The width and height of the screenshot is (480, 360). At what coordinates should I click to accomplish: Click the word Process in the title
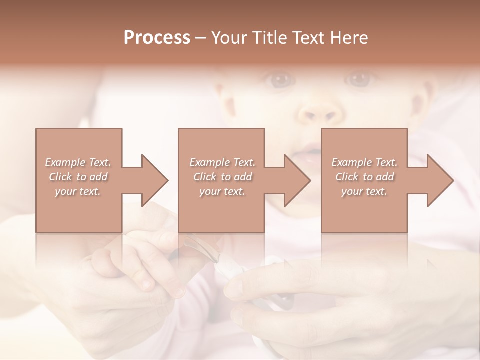(x=157, y=38)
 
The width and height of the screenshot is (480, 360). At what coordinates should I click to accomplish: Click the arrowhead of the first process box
(x=154, y=180)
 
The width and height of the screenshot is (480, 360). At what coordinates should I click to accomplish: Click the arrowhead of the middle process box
(x=297, y=180)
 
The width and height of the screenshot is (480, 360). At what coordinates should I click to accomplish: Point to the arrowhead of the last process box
(x=440, y=180)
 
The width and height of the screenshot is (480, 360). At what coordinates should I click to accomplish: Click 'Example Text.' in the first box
(x=78, y=162)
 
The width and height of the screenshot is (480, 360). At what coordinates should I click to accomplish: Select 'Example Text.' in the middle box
(x=222, y=162)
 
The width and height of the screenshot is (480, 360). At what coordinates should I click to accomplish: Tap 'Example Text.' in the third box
(x=364, y=162)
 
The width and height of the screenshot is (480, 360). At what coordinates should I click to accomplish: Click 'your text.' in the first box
(x=78, y=192)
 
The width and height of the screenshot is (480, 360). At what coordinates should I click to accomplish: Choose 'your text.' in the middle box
(x=222, y=192)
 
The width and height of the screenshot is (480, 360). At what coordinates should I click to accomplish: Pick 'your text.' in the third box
(x=364, y=192)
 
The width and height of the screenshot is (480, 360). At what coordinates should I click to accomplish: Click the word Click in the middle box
(x=205, y=177)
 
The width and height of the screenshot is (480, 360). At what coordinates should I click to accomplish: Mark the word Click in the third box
(x=347, y=177)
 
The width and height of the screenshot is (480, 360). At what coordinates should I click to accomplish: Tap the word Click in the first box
(x=60, y=177)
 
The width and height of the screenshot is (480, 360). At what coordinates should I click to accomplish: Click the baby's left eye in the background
(x=359, y=79)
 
